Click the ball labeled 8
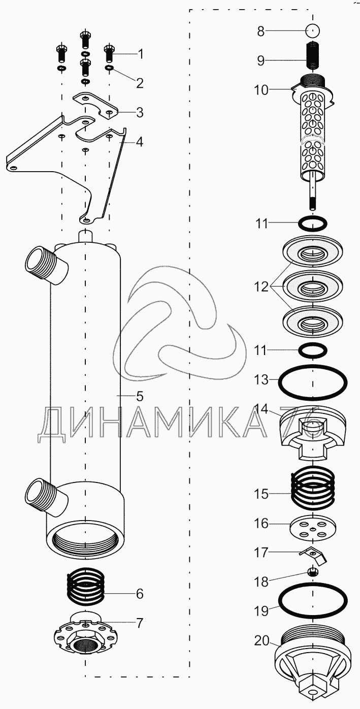[313, 30]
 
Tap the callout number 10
[261, 90]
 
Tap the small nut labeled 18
[313, 572]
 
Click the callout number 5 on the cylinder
[139, 396]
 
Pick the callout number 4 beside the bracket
[139, 142]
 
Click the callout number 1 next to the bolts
[139, 53]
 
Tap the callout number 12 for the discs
[261, 287]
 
